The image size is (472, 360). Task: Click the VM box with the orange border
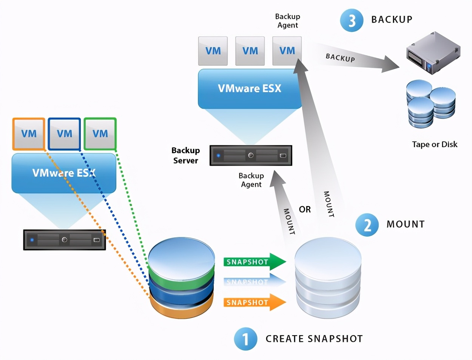[x=29, y=134]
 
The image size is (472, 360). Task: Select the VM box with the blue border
[x=64, y=134]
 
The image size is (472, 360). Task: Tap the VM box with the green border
[x=100, y=134]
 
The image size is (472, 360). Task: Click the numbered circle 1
[x=245, y=338]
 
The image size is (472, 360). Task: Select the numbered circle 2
[x=367, y=225]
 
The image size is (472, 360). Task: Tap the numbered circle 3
[x=352, y=20]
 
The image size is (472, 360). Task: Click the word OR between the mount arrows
[x=305, y=209]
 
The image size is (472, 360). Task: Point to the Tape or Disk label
[x=434, y=144]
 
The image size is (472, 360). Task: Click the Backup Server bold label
[x=185, y=155]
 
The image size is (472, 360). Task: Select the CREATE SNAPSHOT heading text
[x=314, y=339]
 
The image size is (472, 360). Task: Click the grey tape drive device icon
[x=433, y=53]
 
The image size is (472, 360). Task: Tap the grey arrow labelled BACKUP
[x=355, y=60]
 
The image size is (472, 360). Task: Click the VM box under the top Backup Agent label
[x=287, y=51]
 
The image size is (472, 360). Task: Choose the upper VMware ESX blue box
[x=249, y=89]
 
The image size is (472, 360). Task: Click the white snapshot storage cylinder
[x=328, y=277]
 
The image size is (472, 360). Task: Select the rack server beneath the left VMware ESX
[x=64, y=240]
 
